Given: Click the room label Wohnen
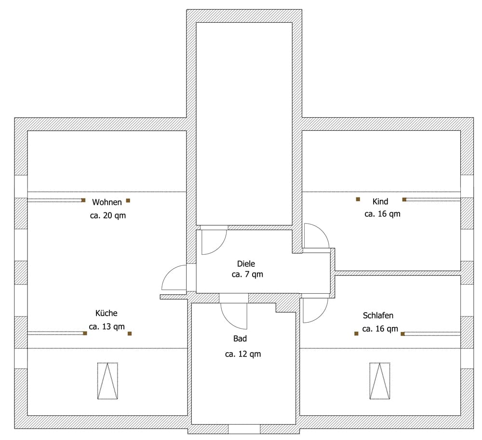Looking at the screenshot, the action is tap(107, 202).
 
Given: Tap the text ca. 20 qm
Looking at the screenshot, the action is tap(108, 215).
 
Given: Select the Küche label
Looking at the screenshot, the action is tap(107, 313).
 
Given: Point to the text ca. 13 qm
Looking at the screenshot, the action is tap(107, 327).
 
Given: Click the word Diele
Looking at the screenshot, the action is tap(246, 264).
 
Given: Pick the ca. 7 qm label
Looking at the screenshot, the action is tap(247, 274).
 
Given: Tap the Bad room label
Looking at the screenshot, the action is tap(240, 339).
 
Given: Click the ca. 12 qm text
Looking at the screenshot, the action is tap(243, 354).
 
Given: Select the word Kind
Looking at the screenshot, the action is tap(380, 202).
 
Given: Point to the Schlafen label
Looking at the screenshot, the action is tap(378, 316).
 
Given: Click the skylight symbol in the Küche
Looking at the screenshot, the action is tap(107, 381).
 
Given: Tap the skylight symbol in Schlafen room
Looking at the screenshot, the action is tap(380, 381).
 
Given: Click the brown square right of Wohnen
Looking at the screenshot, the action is tap(128, 201).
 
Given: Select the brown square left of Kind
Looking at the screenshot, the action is tap(358, 199).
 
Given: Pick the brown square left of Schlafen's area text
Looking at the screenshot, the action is tap(356, 333).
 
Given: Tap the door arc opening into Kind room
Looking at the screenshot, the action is tap(322, 231).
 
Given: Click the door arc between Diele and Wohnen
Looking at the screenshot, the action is tap(169, 272).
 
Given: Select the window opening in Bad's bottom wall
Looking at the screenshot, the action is tap(244, 429).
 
